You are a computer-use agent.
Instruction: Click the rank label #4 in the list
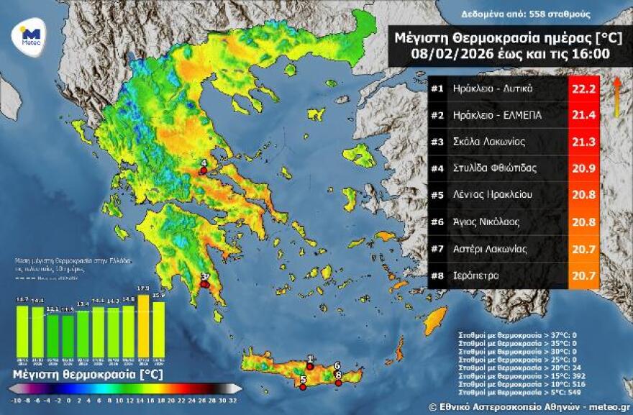click(x=437, y=169)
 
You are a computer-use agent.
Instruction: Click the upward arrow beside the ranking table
click(x=616, y=97)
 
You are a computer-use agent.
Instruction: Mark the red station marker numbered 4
click(x=204, y=170)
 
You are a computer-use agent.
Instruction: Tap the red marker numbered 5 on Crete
click(x=303, y=387)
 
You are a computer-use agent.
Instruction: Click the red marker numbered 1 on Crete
click(x=310, y=365)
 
